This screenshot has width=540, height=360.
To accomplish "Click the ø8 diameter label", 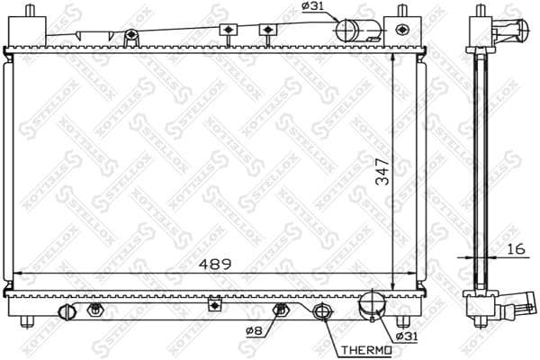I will (x=254, y=330).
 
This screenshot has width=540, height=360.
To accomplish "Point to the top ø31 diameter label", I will (x=312, y=8).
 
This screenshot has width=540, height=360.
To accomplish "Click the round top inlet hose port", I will (x=347, y=30).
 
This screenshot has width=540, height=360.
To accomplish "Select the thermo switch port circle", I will (x=322, y=314).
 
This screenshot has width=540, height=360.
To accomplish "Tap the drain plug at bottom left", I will (x=64, y=312).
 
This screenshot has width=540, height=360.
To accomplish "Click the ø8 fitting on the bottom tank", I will (x=281, y=310).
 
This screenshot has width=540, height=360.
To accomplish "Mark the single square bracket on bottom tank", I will (x=215, y=305).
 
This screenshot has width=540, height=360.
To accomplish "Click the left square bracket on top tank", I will (x=230, y=31).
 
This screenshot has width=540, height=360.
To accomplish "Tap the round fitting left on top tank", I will (x=131, y=35).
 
